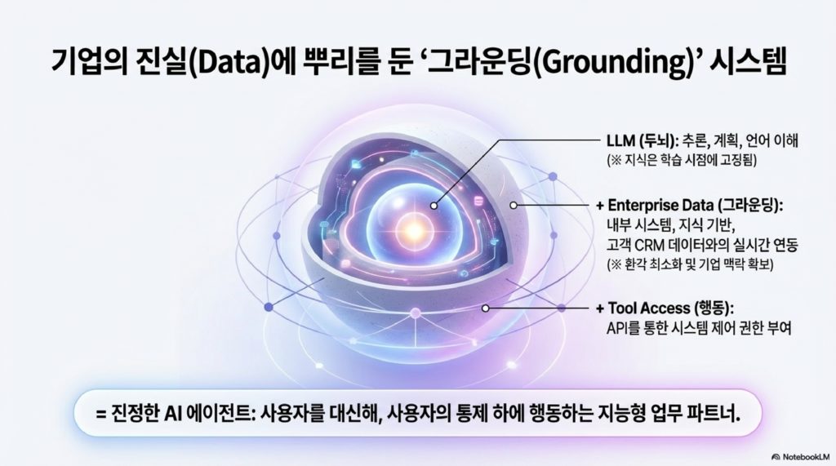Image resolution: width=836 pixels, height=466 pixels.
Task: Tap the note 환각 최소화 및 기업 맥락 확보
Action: pos(690,264)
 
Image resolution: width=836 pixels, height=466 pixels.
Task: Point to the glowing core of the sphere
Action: pos(414,230)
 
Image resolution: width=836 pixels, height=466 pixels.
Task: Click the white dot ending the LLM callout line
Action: pos(434,206)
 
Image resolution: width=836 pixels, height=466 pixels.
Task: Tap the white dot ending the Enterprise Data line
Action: pos(513,205)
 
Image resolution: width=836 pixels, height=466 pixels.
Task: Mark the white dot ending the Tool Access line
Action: pos(485,308)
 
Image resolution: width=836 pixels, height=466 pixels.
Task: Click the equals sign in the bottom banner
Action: pos(101,414)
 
